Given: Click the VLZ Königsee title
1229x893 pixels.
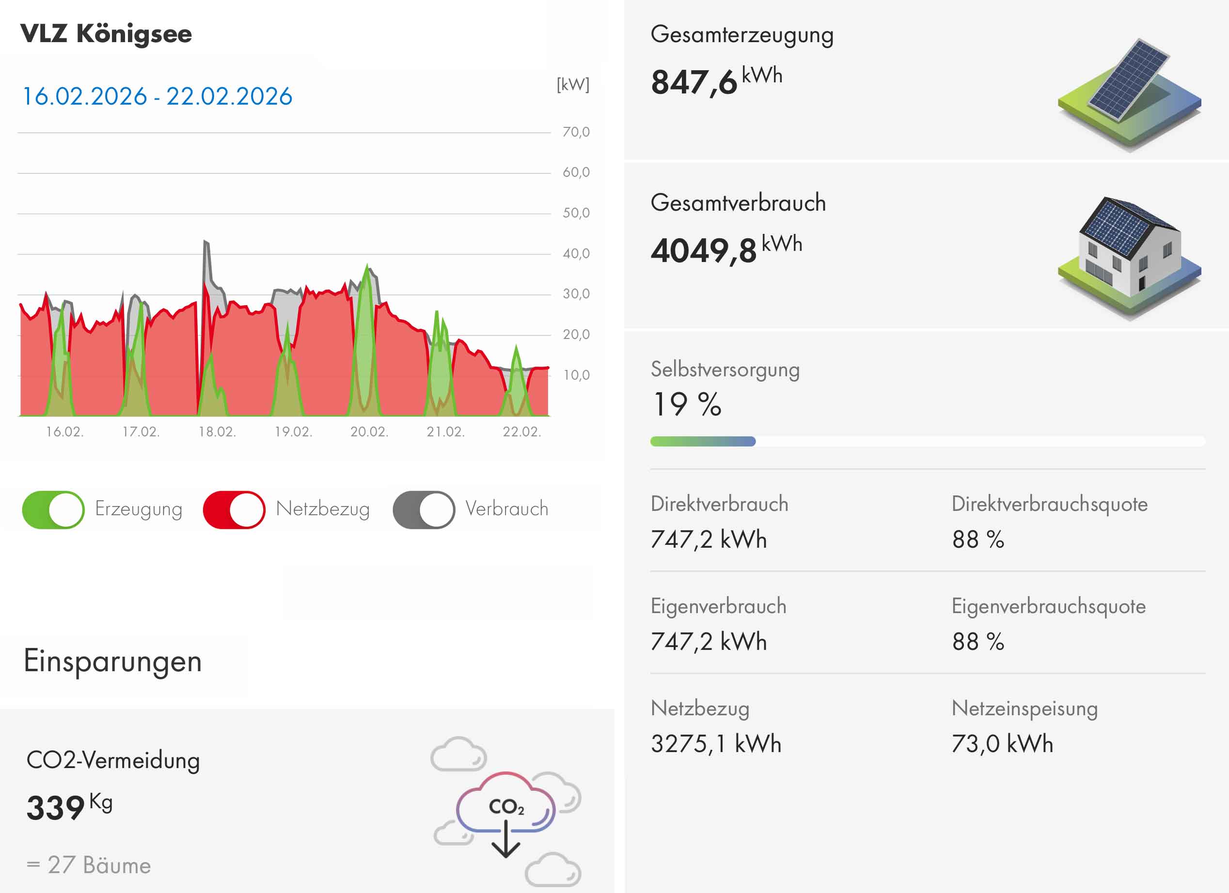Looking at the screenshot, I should [x=106, y=33].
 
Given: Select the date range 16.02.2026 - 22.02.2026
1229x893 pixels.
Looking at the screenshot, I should [x=157, y=96].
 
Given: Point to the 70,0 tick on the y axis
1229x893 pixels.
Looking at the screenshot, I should [x=575, y=132].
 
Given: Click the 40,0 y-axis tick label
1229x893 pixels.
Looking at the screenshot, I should [x=575, y=253].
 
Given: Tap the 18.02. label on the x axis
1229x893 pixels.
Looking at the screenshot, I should [x=217, y=431].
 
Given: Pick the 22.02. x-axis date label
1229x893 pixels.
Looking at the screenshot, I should [x=521, y=431].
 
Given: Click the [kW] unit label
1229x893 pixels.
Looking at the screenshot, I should [x=573, y=84].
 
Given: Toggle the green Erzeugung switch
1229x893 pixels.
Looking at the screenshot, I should [x=53, y=509].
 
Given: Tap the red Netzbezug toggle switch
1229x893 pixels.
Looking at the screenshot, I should [x=234, y=509].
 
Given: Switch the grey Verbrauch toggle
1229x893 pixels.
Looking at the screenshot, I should [x=424, y=509].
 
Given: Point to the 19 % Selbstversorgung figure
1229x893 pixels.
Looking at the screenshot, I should [x=687, y=404].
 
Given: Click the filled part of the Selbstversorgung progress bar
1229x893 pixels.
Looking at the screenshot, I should [x=703, y=441].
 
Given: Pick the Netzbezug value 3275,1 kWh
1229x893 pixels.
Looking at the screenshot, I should [x=716, y=743].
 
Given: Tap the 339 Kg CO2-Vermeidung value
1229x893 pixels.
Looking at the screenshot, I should [x=69, y=807].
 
